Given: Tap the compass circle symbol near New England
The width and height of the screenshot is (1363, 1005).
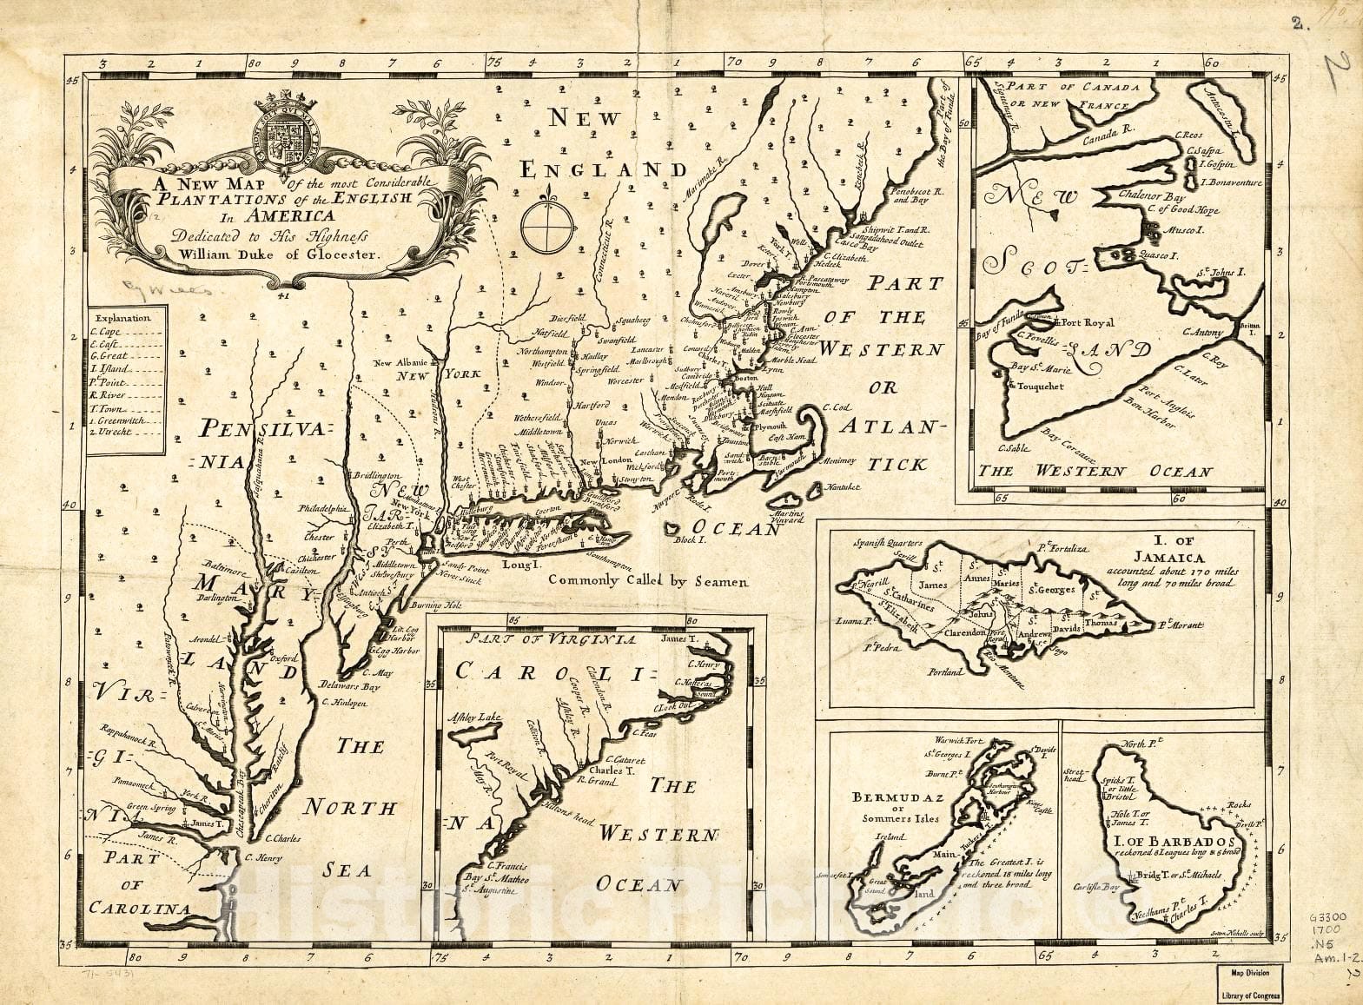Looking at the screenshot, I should (x=546, y=228).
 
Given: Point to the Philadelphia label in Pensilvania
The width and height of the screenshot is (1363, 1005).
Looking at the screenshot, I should (x=323, y=508).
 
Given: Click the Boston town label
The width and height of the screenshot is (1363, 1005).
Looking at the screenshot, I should (x=746, y=380).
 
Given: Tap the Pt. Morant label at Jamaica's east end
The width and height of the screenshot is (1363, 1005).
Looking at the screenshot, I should (x=1179, y=625).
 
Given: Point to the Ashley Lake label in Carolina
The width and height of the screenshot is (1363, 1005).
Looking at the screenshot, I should (x=475, y=717).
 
